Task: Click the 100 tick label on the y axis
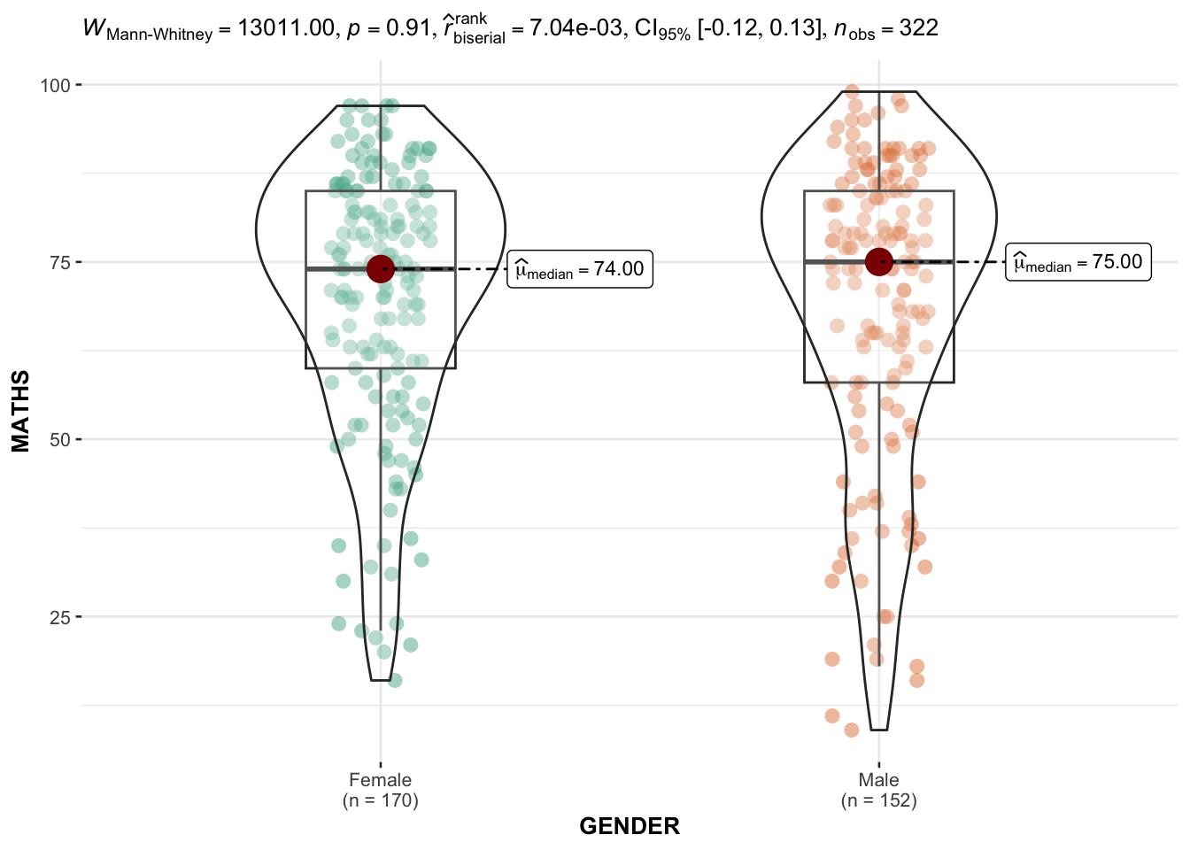[55, 85]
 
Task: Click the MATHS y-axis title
[21, 412]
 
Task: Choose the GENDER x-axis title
[630, 826]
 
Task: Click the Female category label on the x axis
[380, 780]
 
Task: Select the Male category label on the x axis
[878, 780]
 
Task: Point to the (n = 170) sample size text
[380, 800]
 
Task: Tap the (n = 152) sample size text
[878, 800]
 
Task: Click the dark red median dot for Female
[380, 269]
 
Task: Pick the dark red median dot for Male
[878, 262]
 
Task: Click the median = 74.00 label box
[580, 269]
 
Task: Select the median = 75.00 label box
[1078, 262]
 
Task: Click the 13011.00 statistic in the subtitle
[287, 28]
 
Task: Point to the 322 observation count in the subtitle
[919, 28]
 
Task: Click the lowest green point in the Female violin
[395, 680]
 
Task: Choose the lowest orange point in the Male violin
[852, 730]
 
